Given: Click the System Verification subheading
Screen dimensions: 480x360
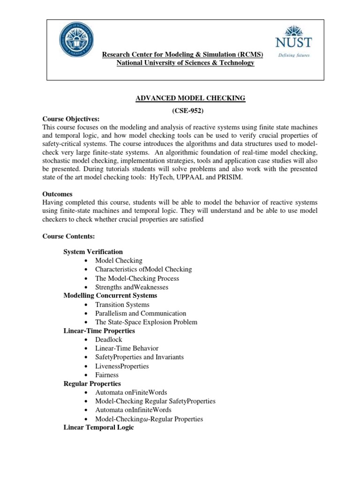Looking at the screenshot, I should [x=93, y=252].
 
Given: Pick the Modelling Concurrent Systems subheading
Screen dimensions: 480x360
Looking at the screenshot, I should [x=110, y=296].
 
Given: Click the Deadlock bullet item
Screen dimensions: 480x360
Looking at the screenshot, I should [x=109, y=339].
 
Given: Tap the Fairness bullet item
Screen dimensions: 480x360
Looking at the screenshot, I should [x=107, y=375].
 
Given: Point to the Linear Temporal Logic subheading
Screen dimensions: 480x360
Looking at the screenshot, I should [x=98, y=427].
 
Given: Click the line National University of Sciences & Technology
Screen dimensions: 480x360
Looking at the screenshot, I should [x=185, y=63].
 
